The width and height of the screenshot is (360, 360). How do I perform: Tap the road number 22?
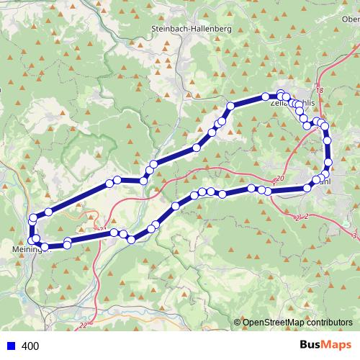click(x=84, y=325)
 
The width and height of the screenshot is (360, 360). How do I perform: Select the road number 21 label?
click(x=102, y=230)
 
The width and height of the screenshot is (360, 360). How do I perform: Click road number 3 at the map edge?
click(x=354, y=235)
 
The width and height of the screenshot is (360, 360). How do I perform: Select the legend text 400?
click(x=30, y=346)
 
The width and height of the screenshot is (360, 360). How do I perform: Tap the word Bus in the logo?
click(x=311, y=346)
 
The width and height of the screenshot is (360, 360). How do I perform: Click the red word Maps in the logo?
click(x=337, y=346)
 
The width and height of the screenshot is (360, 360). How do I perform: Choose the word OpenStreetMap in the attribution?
click(x=273, y=323)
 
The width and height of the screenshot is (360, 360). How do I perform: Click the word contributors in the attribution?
click(x=328, y=323)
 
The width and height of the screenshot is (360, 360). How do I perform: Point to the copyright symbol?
click(x=237, y=323)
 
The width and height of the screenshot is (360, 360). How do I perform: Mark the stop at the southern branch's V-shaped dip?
click(x=131, y=239)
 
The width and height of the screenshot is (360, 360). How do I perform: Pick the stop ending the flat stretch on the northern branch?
click(x=143, y=180)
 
